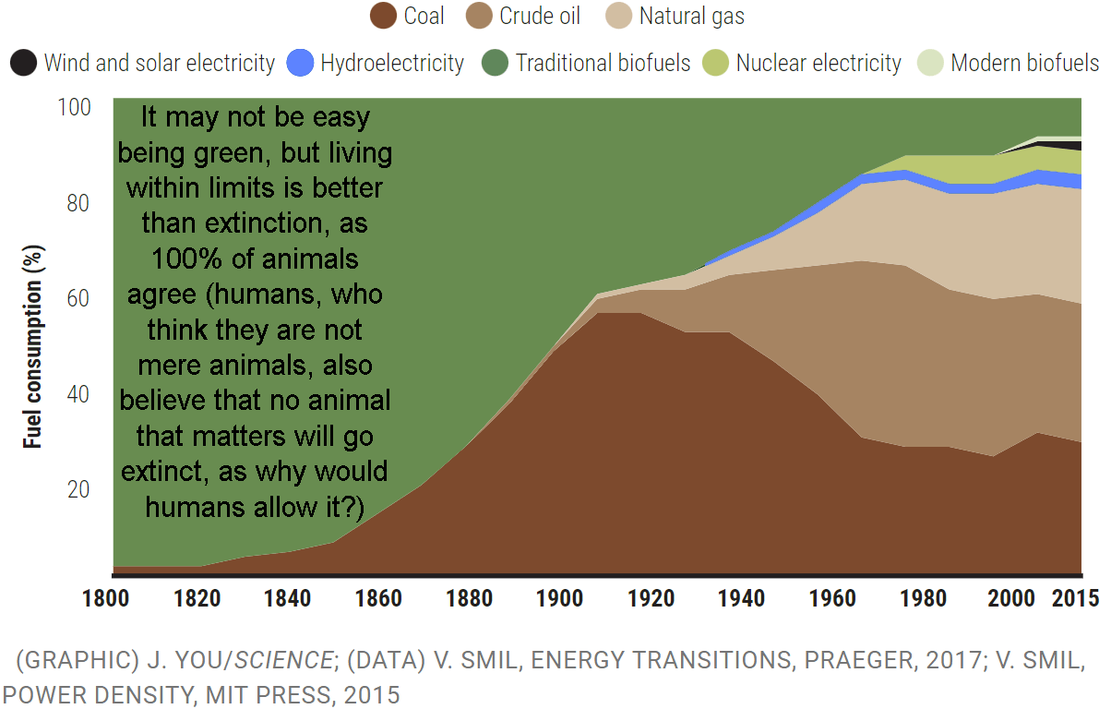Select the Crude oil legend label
coord(534,16)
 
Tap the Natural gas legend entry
coord(691,16)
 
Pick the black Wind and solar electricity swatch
coord(23,63)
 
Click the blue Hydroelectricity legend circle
coord(301,63)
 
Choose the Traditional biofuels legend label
coord(603,63)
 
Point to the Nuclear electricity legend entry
coord(818,63)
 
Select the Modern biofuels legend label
coord(1024,63)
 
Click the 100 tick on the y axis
coord(75,107)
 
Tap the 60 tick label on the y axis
coord(78,298)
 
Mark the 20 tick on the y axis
coord(78,488)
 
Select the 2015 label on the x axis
coord(1076,598)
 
